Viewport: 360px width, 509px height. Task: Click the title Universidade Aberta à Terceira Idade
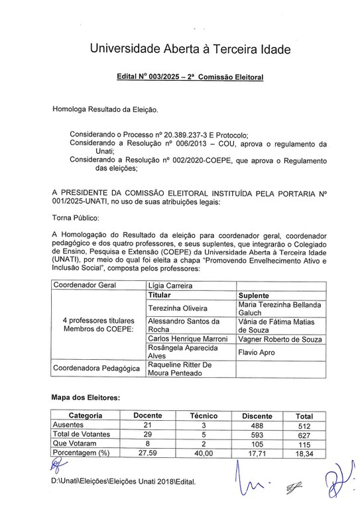[180, 49]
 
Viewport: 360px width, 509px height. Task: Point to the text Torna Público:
[76, 217]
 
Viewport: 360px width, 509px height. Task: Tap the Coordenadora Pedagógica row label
[95, 368]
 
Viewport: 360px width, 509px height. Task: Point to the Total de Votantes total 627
[304, 435]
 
